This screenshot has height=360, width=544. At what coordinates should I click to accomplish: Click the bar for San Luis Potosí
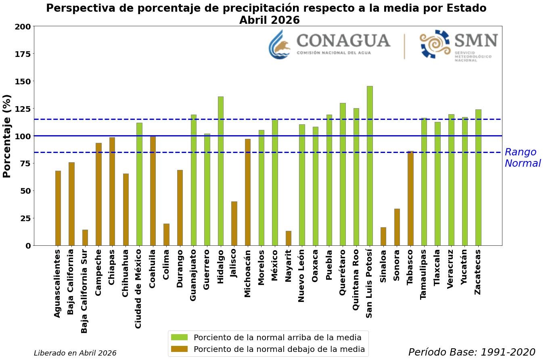370,165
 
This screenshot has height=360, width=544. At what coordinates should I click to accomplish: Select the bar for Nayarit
289,238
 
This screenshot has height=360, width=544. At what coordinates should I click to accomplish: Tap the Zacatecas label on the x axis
478,272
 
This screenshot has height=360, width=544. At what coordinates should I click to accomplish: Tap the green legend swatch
179,337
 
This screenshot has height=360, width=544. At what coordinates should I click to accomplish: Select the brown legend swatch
179,349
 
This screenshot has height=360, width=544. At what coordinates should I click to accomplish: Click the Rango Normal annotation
522,158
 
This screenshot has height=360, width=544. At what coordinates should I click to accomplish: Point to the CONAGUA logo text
343,41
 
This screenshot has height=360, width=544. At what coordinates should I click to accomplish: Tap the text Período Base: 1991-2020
471,352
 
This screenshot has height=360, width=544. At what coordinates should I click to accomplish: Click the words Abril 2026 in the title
269,20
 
